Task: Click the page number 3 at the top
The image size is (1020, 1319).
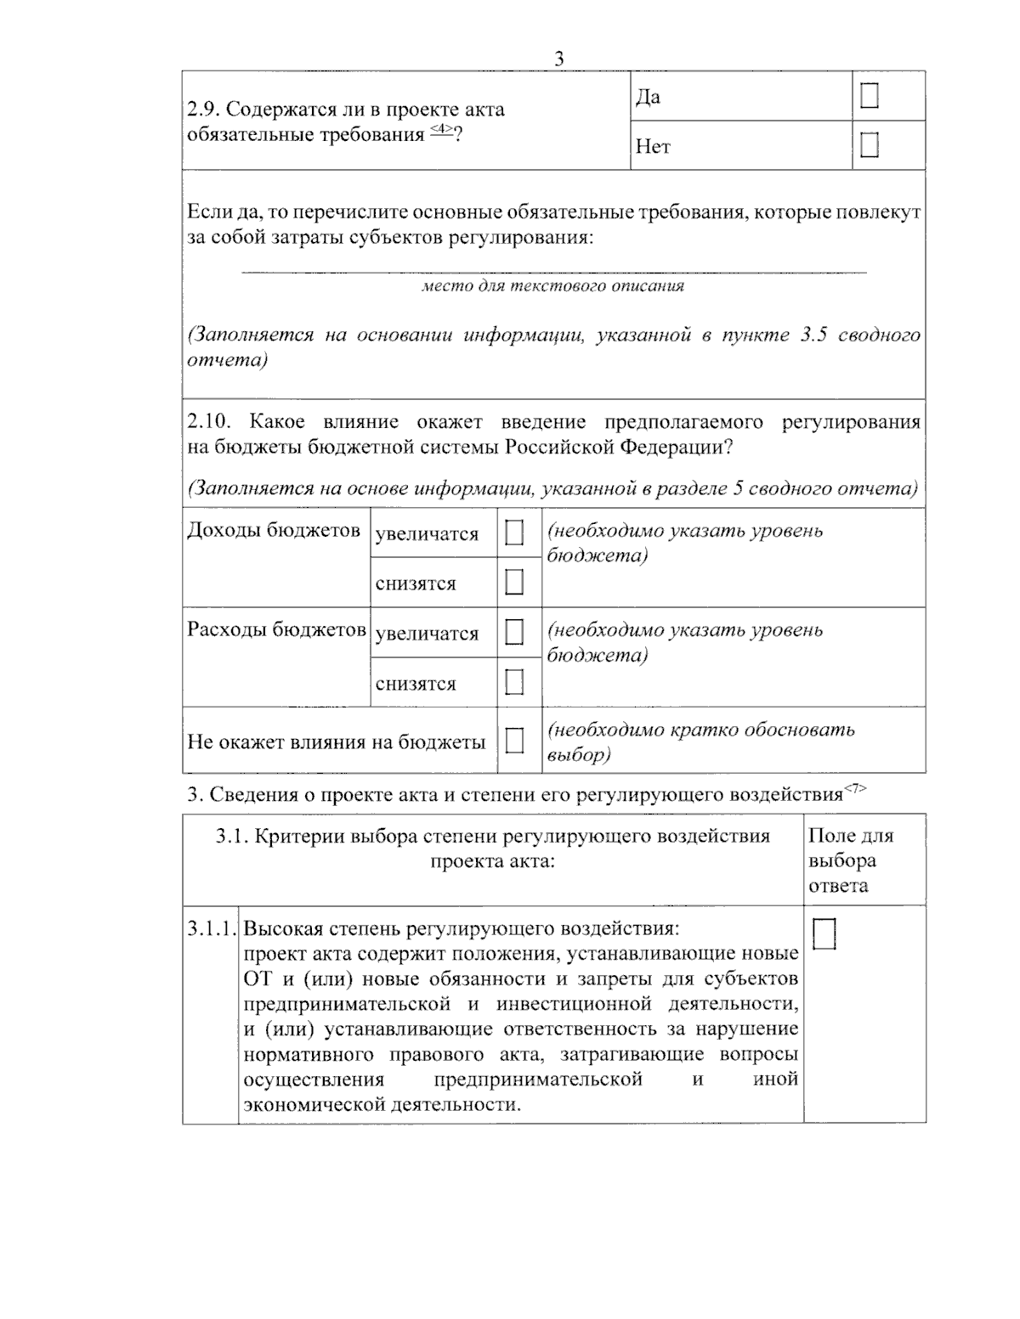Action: click(558, 59)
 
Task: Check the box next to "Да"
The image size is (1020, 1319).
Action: click(869, 97)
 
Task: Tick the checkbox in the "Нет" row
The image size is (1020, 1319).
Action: click(869, 146)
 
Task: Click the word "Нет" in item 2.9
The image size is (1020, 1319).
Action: click(653, 147)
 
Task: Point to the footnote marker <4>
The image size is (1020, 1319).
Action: click(440, 129)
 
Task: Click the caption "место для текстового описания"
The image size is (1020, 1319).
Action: click(553, 286)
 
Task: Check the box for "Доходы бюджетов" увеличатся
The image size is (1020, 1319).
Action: click(514, 533)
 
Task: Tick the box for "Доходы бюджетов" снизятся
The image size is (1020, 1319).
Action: click(514, 583)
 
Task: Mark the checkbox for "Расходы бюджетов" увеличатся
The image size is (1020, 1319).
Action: click(514, 633)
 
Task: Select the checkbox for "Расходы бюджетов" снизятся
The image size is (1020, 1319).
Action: click(514, 682)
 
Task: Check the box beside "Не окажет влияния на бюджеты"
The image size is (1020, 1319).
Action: click(514, 741)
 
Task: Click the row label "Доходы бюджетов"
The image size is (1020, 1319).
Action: click(274, 530)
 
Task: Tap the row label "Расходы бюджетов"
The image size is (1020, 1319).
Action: click(276, 630)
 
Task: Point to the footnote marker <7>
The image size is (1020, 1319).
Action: click(854, 789)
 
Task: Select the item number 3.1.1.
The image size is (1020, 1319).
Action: click(211, 929)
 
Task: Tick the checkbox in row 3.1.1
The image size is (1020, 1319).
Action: click(824, 934)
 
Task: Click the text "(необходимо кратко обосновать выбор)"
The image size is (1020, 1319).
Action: click(700, 741)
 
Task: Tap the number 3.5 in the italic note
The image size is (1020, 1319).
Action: click(814, 335)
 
